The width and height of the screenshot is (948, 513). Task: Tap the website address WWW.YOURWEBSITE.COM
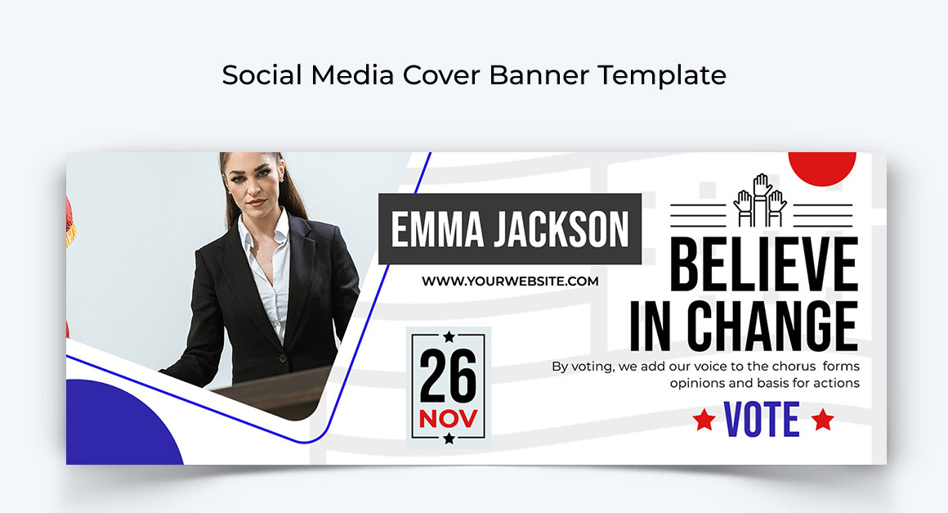coord(510,281)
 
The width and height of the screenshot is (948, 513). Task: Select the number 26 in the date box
coord(448,378)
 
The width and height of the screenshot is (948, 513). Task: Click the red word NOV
coord(448,419)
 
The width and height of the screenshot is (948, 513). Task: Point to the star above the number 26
coord(448,337)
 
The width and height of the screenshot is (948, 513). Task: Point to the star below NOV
coord(448,439)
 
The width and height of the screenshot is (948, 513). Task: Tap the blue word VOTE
coord(762,420)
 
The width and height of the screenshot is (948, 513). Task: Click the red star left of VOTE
coord(703,421)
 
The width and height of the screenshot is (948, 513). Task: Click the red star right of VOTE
coord(822,421)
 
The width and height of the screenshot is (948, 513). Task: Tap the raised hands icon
coord(759,201)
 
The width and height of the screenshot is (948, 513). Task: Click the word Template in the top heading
coord(661,75)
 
